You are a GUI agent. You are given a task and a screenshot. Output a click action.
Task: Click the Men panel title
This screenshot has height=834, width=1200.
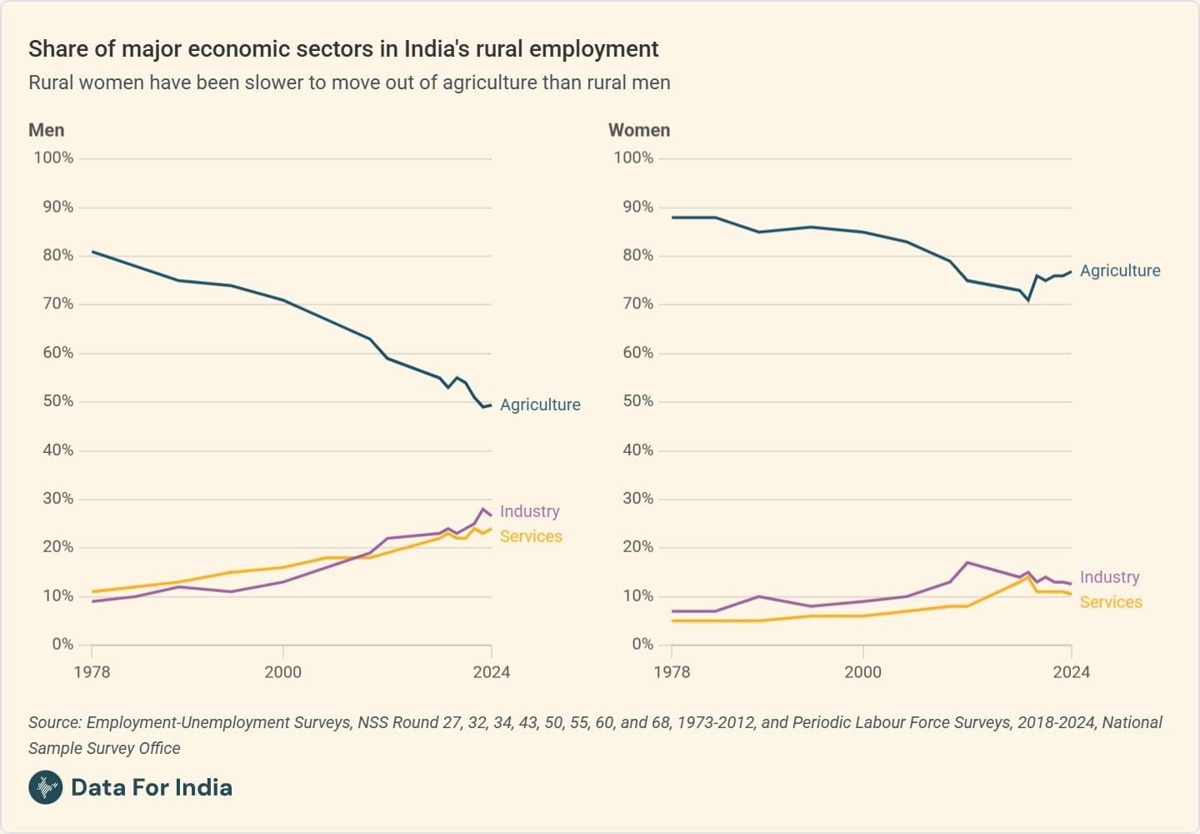(46, 130)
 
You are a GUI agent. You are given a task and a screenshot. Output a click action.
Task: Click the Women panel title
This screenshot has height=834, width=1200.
(639, 130)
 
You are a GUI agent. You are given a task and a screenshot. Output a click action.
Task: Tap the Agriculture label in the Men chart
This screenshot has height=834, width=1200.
(540, 404)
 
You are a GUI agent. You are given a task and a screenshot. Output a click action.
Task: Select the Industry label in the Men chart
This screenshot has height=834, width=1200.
(529, 511)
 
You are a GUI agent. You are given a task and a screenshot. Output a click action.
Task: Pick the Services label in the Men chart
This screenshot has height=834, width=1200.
(531, 536)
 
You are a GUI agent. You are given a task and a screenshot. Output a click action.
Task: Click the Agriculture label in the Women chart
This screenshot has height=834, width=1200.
(1120, 271)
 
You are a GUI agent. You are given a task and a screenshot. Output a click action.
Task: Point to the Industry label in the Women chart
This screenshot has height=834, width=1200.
(1109, 577)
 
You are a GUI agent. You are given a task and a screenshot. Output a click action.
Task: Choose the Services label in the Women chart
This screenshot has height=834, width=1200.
(1111, 602)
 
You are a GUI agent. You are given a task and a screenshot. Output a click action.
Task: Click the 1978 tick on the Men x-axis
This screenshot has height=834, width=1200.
(92, 672)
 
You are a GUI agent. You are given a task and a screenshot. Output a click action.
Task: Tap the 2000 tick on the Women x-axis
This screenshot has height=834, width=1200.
(862, 672)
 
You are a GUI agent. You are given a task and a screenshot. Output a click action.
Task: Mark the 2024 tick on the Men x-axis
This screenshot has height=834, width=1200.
(491, 672)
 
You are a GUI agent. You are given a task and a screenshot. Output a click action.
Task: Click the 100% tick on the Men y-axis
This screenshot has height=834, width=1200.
(53, 158)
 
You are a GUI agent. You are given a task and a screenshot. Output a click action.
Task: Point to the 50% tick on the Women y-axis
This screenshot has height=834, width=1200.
(637, 401)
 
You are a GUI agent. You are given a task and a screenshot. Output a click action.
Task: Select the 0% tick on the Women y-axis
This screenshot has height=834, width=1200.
(642, 645)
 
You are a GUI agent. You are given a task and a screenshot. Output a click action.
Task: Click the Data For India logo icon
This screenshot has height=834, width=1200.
(45, 787)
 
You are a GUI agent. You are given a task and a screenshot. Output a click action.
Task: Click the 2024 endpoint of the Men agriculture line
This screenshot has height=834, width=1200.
(491, 405)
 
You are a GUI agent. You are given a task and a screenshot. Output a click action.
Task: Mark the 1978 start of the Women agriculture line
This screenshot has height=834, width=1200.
(672, 218)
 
